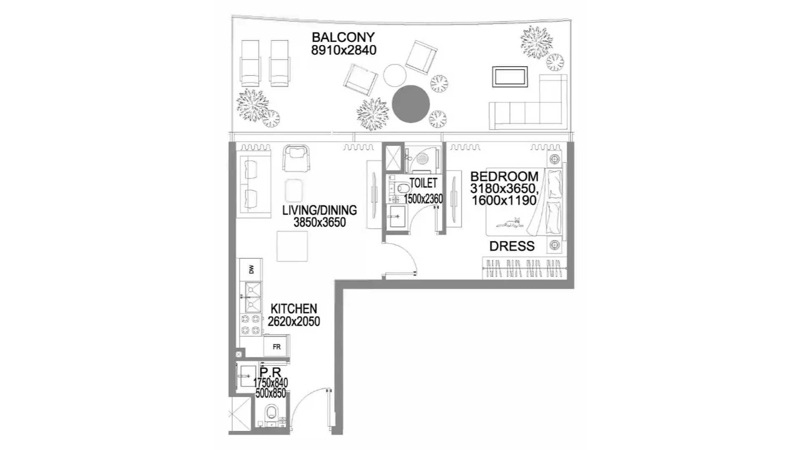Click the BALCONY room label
coord(343,37)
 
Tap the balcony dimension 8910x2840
coord(344,50)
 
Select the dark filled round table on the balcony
coord(411,104)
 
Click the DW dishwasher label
coord(251,270)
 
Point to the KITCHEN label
coord(294,309)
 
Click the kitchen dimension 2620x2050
coord(294,321)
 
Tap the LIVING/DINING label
coord(320,210)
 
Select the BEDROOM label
coord(504,176)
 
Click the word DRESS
coord(512,246)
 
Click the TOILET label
coord(423,183)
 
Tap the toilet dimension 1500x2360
coord(423,199)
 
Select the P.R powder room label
coord(270,372)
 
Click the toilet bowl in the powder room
coord(271,412)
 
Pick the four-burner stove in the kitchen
coord(250,325)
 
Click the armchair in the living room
coord(296,158)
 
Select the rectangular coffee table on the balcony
coord(510,77)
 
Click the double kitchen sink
coord(253,297)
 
